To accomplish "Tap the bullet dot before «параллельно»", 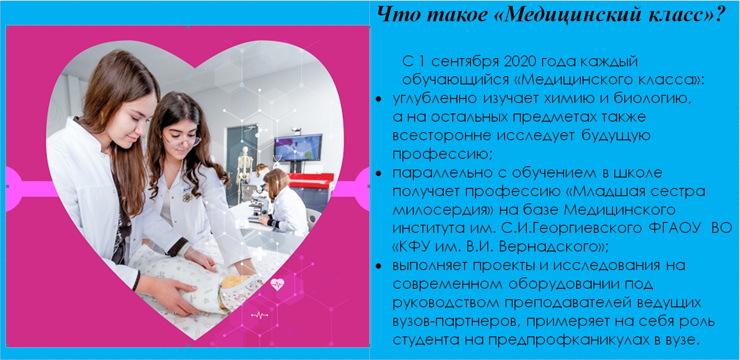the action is click(x=378, y=173).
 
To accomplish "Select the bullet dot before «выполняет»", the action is click(x=378, y=266).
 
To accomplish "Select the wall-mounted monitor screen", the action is click(x=298, y=148).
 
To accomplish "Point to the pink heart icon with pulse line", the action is click(x=277, y=284).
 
